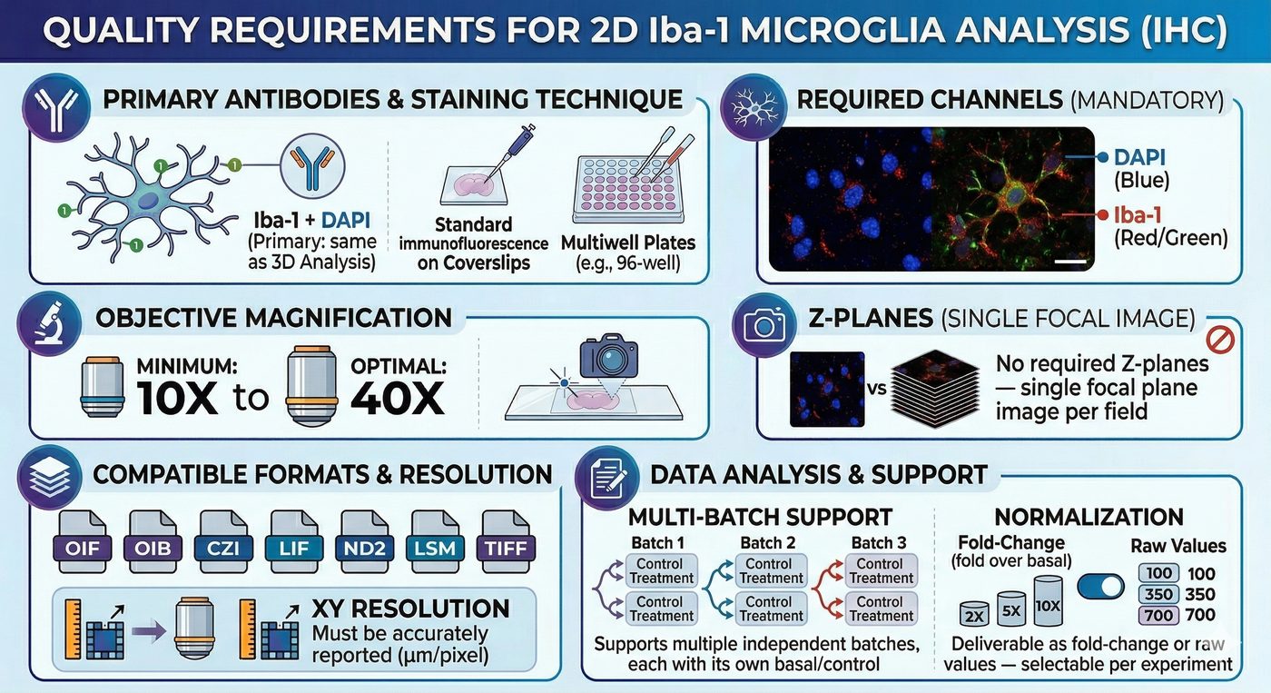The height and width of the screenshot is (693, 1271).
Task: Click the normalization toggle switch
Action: (1099, 587)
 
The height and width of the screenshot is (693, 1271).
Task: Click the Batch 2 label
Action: (767, 542)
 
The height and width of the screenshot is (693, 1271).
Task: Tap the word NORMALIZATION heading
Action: (1089, 518)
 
